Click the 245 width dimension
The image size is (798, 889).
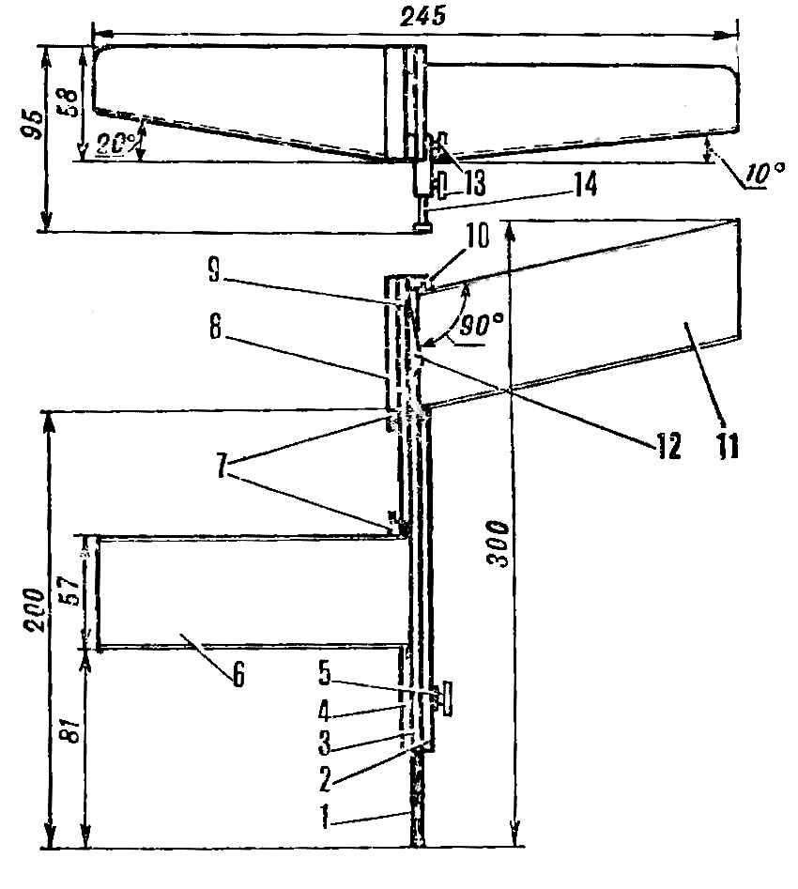(422, 15)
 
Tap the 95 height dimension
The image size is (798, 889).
(34, 124)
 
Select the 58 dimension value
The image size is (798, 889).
(69, 101)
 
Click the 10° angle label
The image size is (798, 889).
(765, 173)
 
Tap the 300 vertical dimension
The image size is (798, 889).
(499, 544)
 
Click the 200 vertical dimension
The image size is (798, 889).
(34, 610)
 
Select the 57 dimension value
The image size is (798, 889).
(71, 590)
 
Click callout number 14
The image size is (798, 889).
(584, 185)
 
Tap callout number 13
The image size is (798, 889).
(474, 183)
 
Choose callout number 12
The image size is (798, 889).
(669, 446)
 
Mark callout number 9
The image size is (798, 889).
(214, 269)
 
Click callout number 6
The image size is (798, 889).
(238, 675)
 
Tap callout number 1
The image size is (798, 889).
(325, 818)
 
